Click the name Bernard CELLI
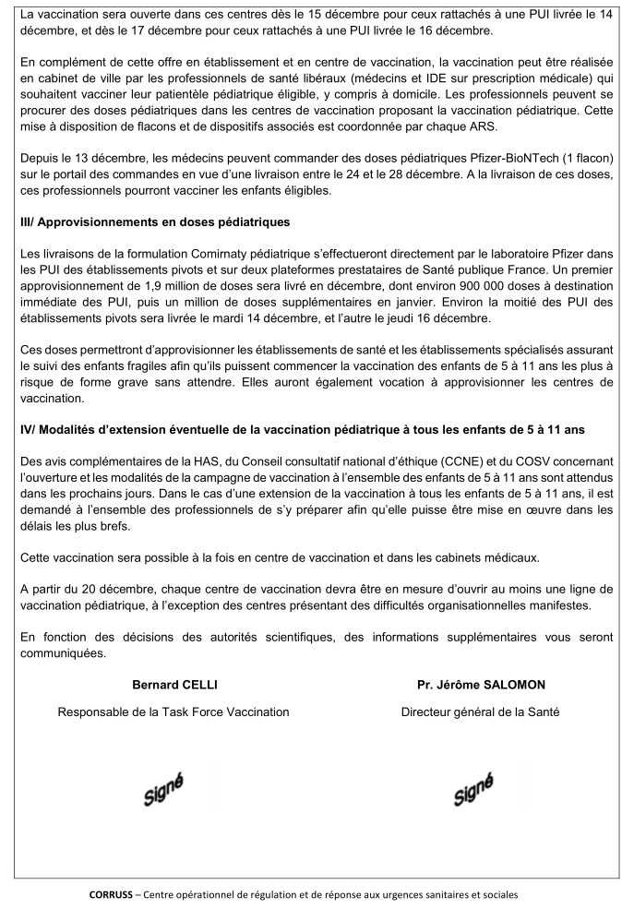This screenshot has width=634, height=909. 173,685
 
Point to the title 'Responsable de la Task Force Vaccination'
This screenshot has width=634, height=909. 173,712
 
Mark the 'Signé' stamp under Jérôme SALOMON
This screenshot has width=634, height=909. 473,788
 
